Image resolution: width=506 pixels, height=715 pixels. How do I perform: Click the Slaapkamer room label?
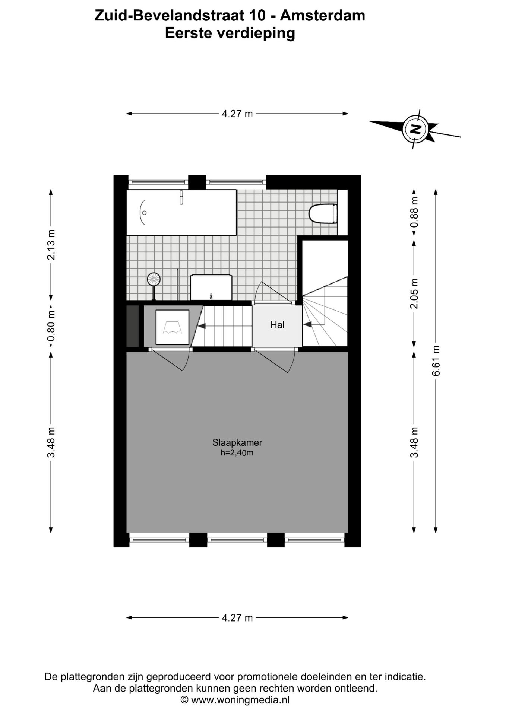[237, 442]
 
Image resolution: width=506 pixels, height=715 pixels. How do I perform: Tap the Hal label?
[277, 325]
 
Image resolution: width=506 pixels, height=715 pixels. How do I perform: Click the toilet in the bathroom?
[323, 213]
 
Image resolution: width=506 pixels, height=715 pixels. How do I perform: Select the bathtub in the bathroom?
[181, 212]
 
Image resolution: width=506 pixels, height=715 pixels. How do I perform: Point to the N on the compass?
[415, 129]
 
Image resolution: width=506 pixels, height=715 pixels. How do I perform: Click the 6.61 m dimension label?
[436, 360]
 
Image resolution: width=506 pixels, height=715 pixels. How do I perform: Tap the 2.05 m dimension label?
[414, 293]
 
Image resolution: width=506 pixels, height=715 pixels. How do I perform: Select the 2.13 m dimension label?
[51, 245]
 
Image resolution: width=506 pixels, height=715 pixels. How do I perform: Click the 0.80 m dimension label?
[51, 326]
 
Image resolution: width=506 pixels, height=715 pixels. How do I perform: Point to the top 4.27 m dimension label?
[237, 114]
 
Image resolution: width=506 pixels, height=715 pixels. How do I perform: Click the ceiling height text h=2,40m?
[237, 453]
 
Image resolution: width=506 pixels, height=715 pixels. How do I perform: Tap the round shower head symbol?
[154, 279]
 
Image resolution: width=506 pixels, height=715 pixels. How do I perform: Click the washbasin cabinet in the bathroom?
[211, 287]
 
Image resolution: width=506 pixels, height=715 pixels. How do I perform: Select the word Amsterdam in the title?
[322, 15]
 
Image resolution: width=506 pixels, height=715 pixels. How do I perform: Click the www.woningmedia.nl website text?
[240, 700]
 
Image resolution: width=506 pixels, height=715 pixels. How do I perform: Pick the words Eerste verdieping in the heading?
[230, 33]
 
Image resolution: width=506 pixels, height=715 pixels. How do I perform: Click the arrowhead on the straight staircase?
[201, 326]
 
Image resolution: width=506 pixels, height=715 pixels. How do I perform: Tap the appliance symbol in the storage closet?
[172, 327]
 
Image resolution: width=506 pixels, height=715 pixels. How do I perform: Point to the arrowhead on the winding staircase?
[307, 325]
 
